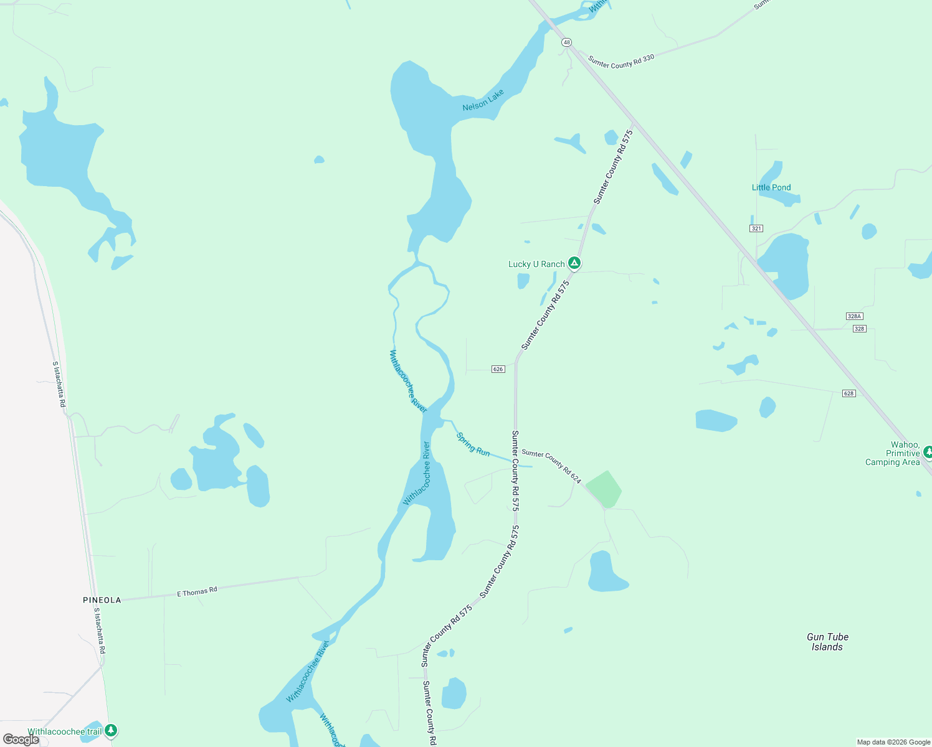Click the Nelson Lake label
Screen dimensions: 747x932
click(x=483, y=101)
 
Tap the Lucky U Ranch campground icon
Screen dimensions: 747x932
click(x=574, y=263)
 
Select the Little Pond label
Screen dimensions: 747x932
click(x=771, y=187)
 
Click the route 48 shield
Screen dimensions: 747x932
click(x=566, y=42)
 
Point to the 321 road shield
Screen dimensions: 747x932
click(x=756, y=228)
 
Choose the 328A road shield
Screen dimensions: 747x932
click(x=854, y=316)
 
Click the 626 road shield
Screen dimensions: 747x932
click(x=498, y=369)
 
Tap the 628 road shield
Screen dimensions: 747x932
click(x=849, y=393)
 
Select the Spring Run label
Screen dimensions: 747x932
click(x=473, y=444)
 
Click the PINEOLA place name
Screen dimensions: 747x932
click(x=102, y=600)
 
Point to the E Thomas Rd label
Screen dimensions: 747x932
click(x=197, y=591)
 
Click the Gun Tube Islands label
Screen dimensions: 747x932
click(x=827, y=642)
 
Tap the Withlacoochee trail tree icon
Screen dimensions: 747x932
click(x=111, y=730)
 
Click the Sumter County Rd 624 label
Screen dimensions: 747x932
click(x=551, y=466)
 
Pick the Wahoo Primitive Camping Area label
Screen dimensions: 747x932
click(x=893, y=453)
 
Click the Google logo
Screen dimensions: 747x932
click(x=21, y=740)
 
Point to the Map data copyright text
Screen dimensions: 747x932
click(x=893, y=742)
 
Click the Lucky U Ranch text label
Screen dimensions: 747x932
click(x=536, y=264)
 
